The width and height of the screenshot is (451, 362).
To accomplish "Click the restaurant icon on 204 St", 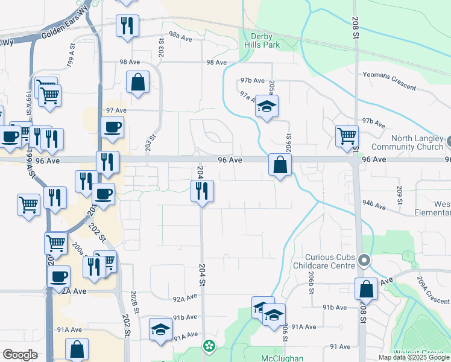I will [203, 191].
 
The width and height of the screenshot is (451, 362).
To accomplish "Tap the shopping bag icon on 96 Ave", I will [280, 164].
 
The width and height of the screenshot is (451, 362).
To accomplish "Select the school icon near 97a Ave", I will [266, 107].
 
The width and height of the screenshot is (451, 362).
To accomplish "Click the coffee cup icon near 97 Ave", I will [113, 127].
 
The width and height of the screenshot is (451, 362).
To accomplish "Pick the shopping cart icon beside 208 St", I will [347, 136].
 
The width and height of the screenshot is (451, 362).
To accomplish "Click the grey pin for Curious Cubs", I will [364, 261].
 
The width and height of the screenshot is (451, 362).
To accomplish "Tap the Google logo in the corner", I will [20, 355].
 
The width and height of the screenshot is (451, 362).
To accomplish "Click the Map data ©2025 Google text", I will [414, 357].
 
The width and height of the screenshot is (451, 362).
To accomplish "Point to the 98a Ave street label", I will [180, 37].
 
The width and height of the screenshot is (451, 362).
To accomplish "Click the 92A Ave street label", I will [185, 298].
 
